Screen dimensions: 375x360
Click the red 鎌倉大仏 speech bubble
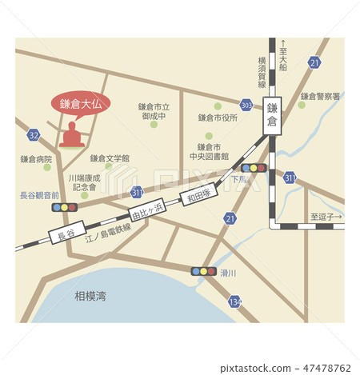81,103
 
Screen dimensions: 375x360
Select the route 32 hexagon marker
33,135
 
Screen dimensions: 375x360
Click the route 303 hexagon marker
246,105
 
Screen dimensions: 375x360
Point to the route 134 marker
234,301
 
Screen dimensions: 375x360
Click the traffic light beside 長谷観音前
65,207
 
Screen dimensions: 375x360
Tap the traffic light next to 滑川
203,271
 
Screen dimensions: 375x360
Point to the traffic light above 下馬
254,168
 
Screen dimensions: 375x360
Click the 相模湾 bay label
90,296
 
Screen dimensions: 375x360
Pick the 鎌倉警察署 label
320,96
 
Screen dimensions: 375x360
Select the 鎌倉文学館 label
110,158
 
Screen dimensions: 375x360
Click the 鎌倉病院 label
36,159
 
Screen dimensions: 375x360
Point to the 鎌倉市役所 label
218,118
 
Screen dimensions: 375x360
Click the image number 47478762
324,369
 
